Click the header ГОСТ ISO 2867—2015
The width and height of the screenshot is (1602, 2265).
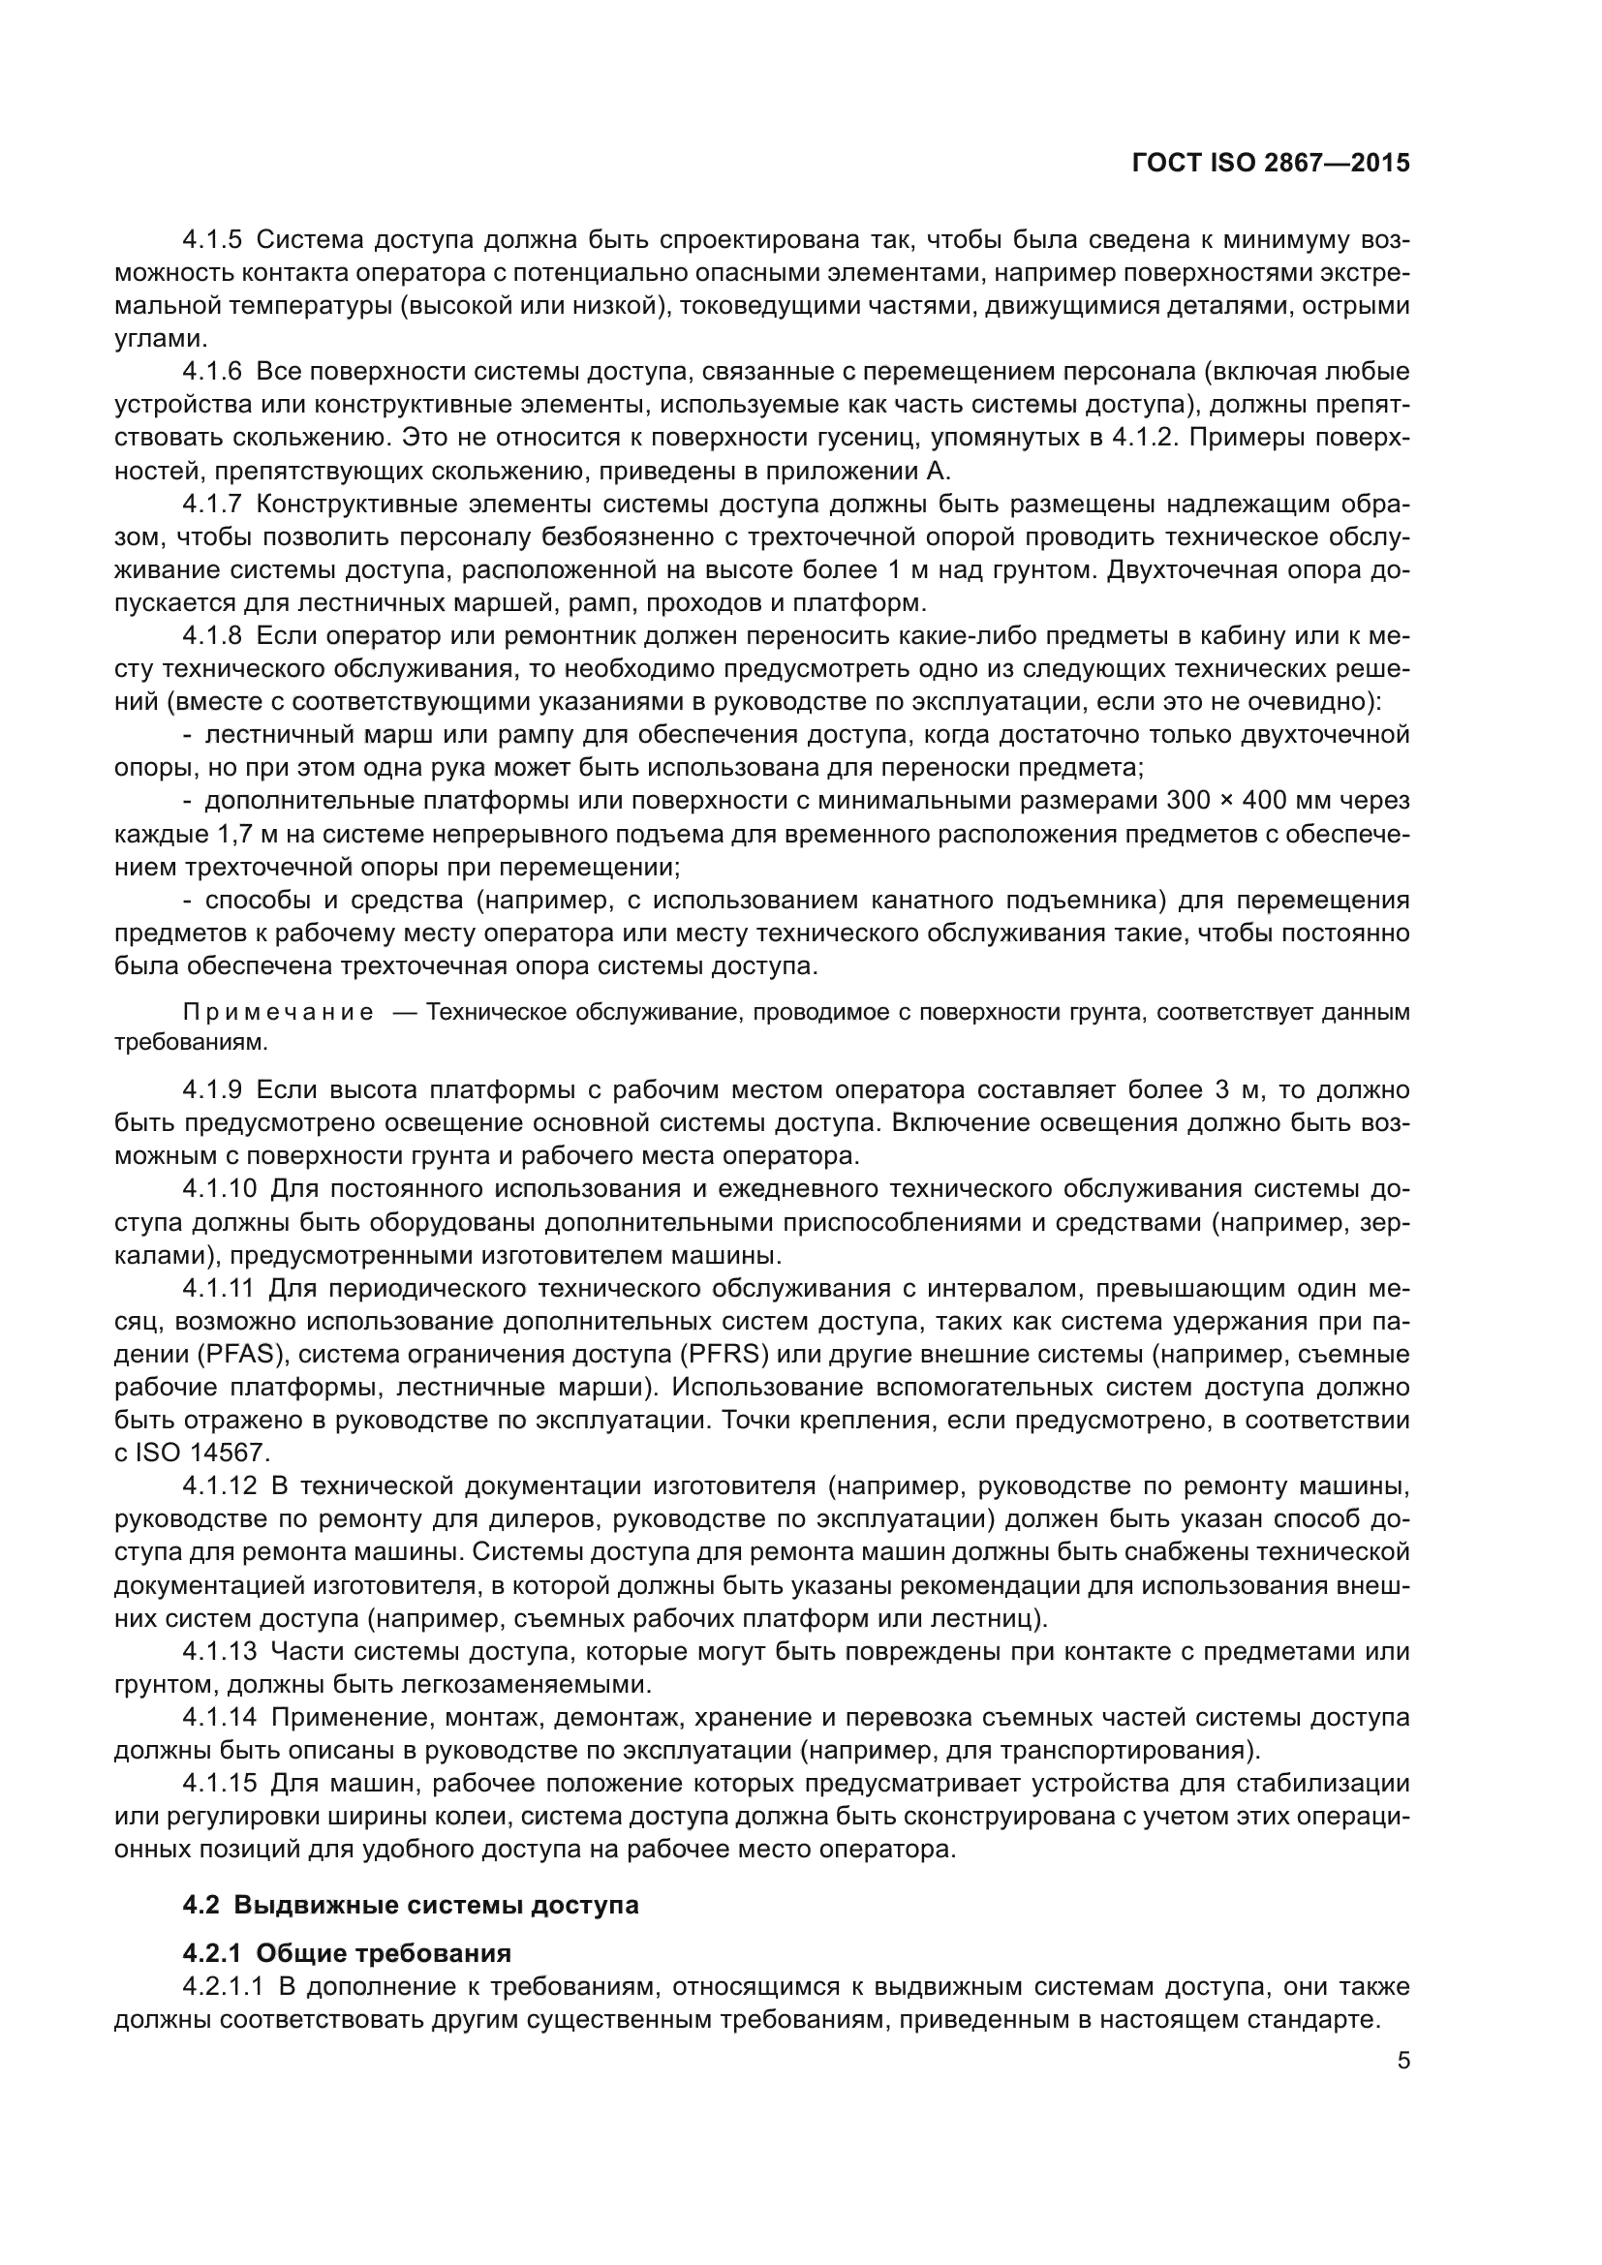[x=1271, y=164]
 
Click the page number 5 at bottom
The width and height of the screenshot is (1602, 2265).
[x=1402, y=2061]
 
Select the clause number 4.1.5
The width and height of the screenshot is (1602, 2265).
[x=212, y=240]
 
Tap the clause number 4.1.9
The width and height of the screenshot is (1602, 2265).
[x=212, y=1090]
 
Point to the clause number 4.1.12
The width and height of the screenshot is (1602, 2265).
[x=219, y=1486]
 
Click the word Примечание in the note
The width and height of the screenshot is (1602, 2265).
[x=278, y=1012]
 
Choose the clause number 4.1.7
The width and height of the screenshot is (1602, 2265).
[x=212, y=505]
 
